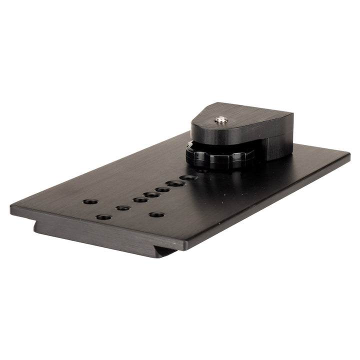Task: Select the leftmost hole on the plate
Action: pyautogui.click(x=90, y=201)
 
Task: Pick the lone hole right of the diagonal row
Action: pyautogui.click(x=157, y=214)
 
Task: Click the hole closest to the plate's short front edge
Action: pyautogui.click(x=103, y=217)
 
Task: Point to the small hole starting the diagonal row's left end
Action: pyautogui.click(x=123, y=207)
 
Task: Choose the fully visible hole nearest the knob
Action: pyautogui.click(x=187, y=177)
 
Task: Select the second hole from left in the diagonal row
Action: pyautogui.click(x=140, y=200)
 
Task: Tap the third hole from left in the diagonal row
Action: pyautogui.click(x=151, y=194)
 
